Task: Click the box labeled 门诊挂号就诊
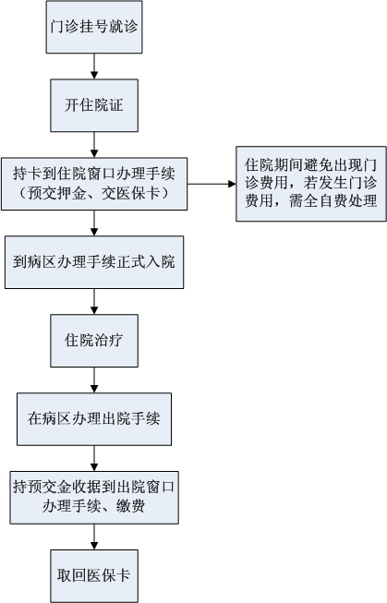pyautogui.click(x=94, y=27)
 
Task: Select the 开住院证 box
pyautogui.click(x=94, y=105)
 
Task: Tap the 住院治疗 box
pyautogui.click(x=94, y=341)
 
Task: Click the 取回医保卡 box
pyautogui.click(x=94, y=575)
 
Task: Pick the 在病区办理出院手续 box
pyautogui.click(x=94, y=419)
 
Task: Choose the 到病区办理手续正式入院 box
pyautogui.click(x=94, y=262)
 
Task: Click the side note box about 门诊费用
pyautogui.click(x=311, y=184)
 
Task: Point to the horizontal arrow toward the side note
pyautogui.click(x=212, y=184)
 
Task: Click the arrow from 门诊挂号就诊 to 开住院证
pyautogui.click(x=94, y=66)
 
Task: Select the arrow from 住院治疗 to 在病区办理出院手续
pyautogui.click(x=94, y=380)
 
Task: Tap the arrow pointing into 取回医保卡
pyautogui.click(x=94, y=537)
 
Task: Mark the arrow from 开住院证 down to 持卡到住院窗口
pyautogui.click(x=94, y=145)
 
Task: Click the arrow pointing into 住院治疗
pyautogui.click(x=94, y=301)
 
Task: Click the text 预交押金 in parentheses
pyautogui.click(x=56, y=193)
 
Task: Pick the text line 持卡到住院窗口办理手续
pyautogui.click(x=94, y=174)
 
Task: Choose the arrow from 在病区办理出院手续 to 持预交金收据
pyautogui.click(x=94, y=458)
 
